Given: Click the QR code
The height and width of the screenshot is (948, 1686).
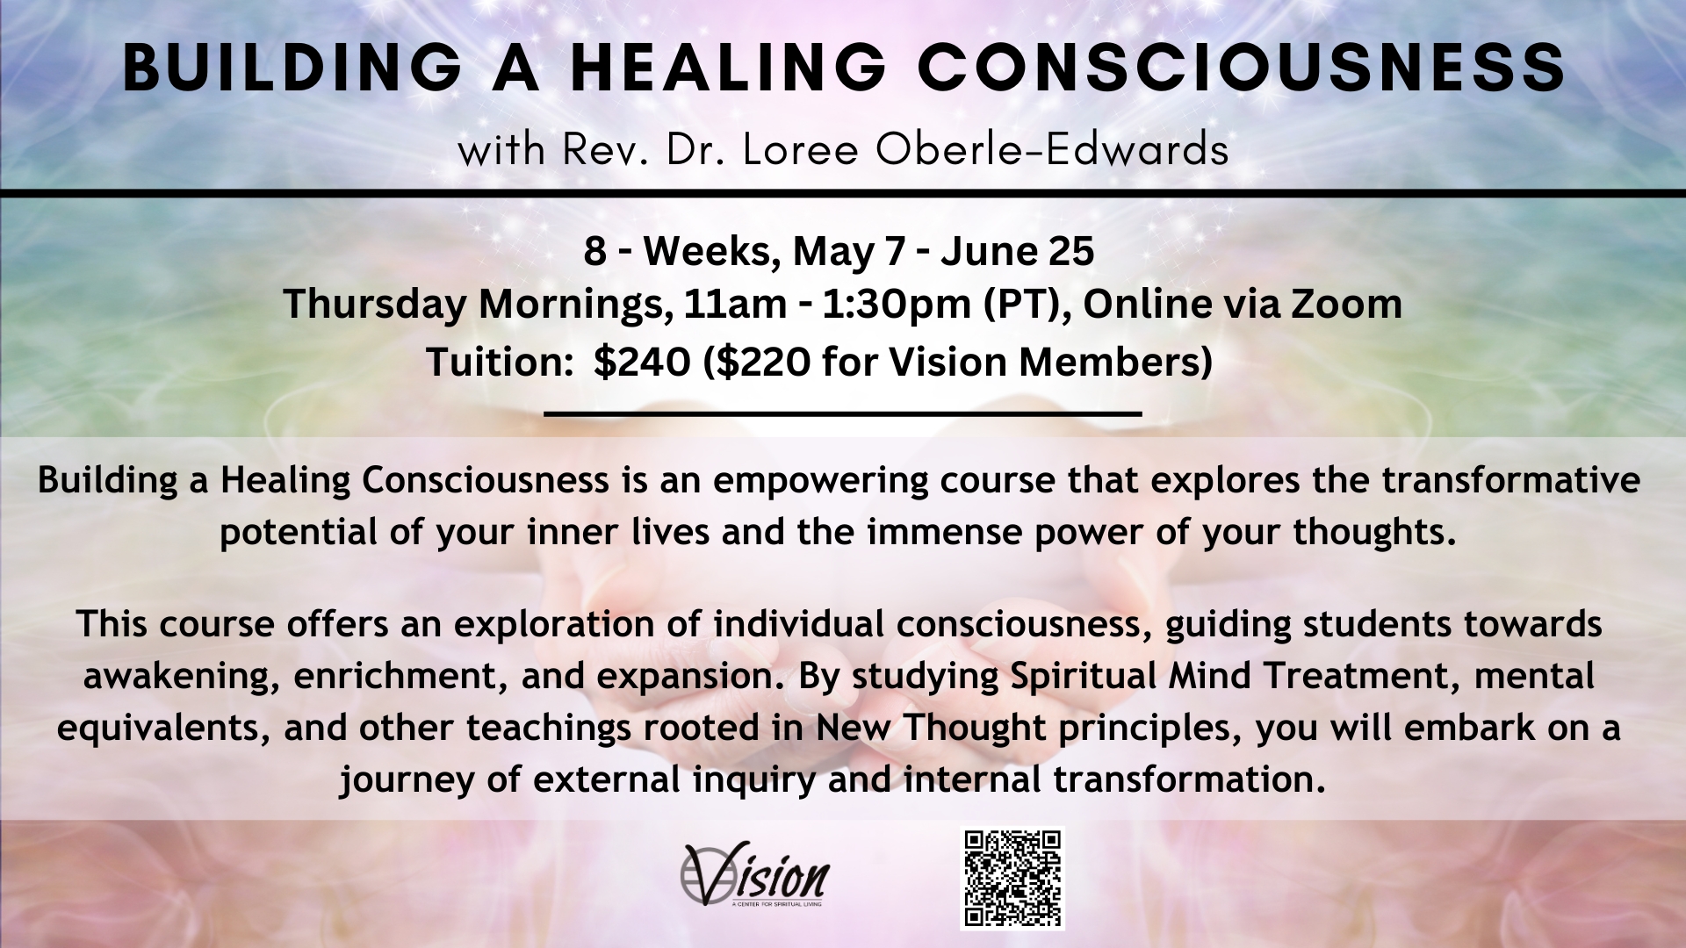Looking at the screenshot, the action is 1012,878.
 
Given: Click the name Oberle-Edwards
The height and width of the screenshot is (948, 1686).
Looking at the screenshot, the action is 1051,150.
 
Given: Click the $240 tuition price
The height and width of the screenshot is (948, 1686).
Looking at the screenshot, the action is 641,362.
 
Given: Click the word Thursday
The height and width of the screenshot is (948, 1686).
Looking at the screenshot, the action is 375,305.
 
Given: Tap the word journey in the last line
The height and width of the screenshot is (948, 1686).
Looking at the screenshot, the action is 408,780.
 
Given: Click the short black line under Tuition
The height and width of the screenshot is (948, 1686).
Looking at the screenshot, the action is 843,412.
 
